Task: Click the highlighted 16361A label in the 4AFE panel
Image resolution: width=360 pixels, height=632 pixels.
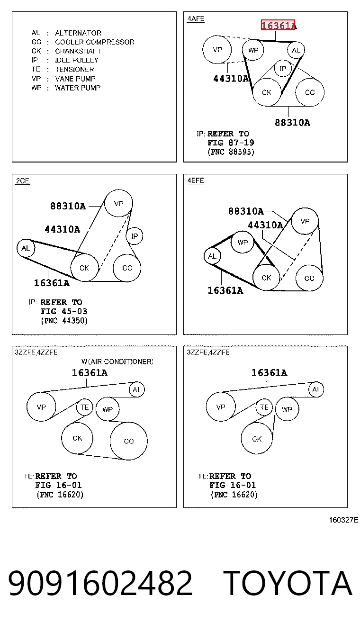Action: pyautogui.click(x=278, y=25)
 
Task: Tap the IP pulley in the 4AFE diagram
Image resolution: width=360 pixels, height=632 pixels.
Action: pyautogui.click(x=283, y=68)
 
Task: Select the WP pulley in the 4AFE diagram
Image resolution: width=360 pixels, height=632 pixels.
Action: pyautogui.click(x=253, y=50)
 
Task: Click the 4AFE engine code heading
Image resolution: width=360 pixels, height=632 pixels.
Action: pyautogui.click(x=196, y=18)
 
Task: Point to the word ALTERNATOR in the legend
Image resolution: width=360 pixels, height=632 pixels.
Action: pyautogui.click(x=78, y=33)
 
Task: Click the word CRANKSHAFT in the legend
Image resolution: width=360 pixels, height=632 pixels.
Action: pyautogui.click(x=78, y=51)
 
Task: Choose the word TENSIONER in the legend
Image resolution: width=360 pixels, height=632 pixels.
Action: pyautogui.click(x=74, y=69)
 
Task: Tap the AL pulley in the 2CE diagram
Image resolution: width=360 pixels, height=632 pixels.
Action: pyautogui.click(x=26, y=248)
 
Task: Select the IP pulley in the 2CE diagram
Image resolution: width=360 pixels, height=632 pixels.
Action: pyautogui.click(x=135, y=236)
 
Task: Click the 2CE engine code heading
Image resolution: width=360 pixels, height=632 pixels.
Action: pyautogui.click(x=23, y=181)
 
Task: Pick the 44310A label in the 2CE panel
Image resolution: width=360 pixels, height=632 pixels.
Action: pyautogui.click(x=63, y=229)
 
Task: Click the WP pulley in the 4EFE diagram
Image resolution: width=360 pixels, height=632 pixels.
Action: pyautogui.click(x=243, y=242)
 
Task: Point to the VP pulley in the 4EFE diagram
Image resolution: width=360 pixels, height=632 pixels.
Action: pyautogui.click(x=305, y=221)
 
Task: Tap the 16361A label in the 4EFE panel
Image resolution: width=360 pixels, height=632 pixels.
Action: pyautogui.click(x=225, y=290)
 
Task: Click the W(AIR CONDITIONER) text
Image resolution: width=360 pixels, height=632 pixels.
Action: pyautogui.click(x=117, y=361)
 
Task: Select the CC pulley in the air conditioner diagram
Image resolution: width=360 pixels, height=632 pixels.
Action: pyautogui.click(x=129, y=441)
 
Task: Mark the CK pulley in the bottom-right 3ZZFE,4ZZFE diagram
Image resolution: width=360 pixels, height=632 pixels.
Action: pyautogui.click(x=257, y=439)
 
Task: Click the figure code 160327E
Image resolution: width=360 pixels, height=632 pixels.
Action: pyautogui.click(x=343, y=520)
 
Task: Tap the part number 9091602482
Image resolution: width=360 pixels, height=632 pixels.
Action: pyautogui.click(x=100, y=583)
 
